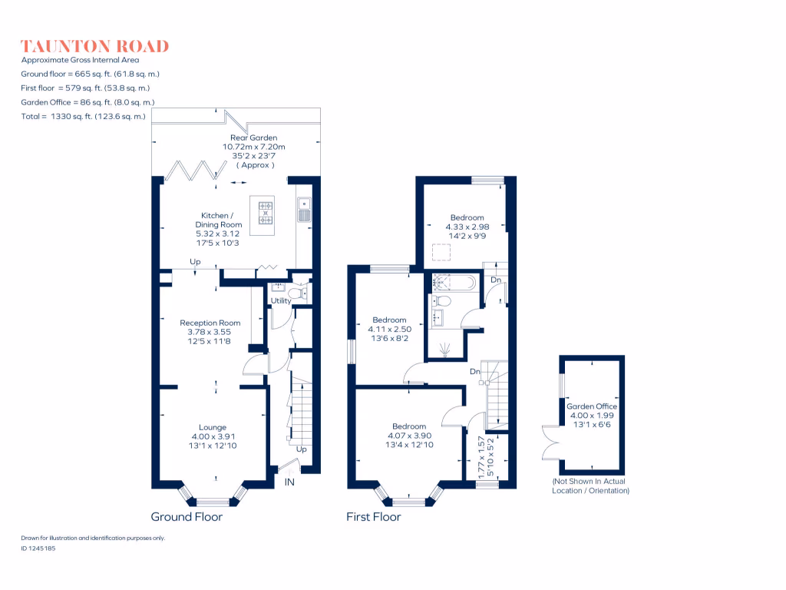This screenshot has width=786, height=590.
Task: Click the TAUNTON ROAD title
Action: (x=94, y=46)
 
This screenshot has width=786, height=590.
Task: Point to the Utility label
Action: (x=281, y=301)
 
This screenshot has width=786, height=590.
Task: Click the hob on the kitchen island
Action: (x=266, y=213)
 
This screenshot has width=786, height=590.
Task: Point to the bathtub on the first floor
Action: (x=454, y=282)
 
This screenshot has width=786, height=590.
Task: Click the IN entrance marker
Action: (x=290, y=482)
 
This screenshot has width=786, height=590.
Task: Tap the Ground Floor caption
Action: (x=187, y=517)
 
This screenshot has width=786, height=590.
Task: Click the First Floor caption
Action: (x=374, y=517)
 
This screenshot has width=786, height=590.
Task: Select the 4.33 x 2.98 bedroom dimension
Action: (x=467, y=227)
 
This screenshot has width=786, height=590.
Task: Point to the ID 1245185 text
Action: (x=38, y=549)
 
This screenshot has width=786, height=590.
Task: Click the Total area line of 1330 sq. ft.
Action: (x=84, y=116)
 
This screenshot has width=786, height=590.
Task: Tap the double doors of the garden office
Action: (x=550, y=449)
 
